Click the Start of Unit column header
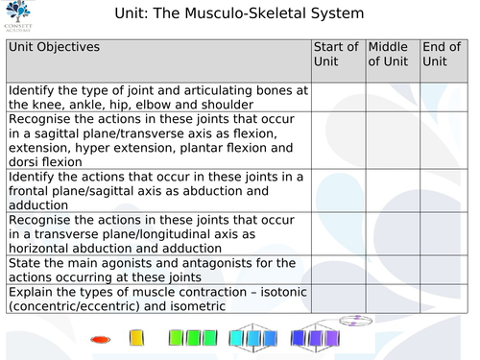pyautogui.click(x=337, y=54)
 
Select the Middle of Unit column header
pyautogui.click(x=389, y=54)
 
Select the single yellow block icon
pyautogui.click(x=136, y=338)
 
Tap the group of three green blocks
pyautogui.click(x=192, y=338)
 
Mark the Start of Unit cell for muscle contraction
pyautogui.click(x=337, y=299)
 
